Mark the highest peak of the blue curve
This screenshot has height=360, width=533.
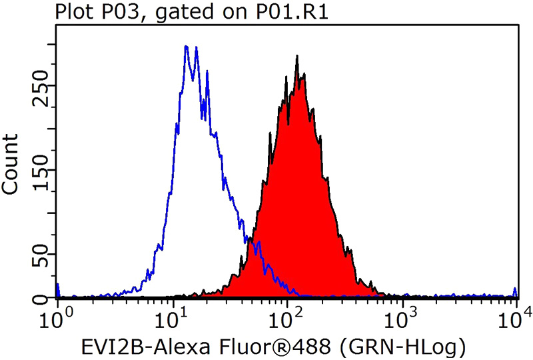coord(185,47)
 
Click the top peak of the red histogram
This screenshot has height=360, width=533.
coord(296,57)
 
